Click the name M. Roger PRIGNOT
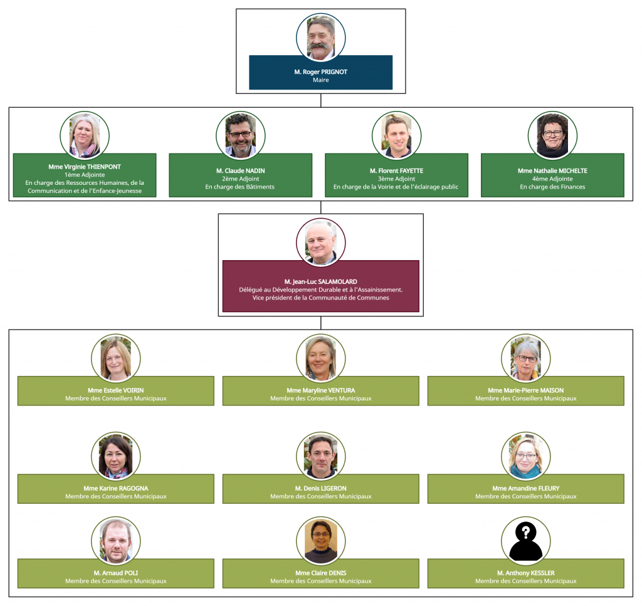[x=320, y=72]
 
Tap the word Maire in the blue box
[x=320, y=80]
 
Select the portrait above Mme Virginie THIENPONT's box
[x=85, y=136]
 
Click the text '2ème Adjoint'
[x=240, y=179]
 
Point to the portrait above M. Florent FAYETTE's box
[x=396, y=136]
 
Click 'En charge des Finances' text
[x=552, y=187]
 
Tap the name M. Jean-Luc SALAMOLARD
[x=320, y=281]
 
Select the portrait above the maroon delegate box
[x=320, y=243]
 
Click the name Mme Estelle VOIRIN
[x=115, y=390]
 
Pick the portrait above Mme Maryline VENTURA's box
[x=320, y=358]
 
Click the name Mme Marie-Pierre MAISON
[x=526, y=390]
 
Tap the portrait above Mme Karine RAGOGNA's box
[x=115, y=456]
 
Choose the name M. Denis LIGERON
[x=320, y=489]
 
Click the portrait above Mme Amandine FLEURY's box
[x=526, y=456]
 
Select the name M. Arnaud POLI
[x=115, y=573]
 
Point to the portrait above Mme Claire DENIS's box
[x=320, y=541]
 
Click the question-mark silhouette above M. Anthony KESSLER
[x=526, y=541]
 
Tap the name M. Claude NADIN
[x=240, y=171]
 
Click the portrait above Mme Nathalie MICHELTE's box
[x=552, y=136]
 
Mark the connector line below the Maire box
[x=320, y=101]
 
